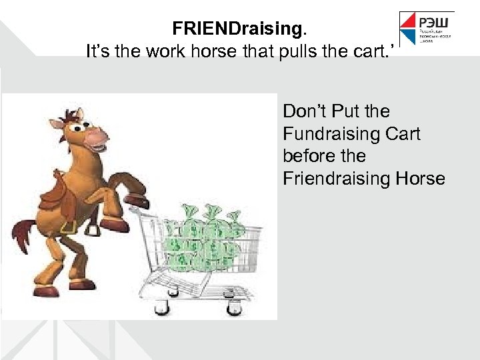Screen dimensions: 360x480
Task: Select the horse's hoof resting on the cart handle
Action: [x=137, y=201]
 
